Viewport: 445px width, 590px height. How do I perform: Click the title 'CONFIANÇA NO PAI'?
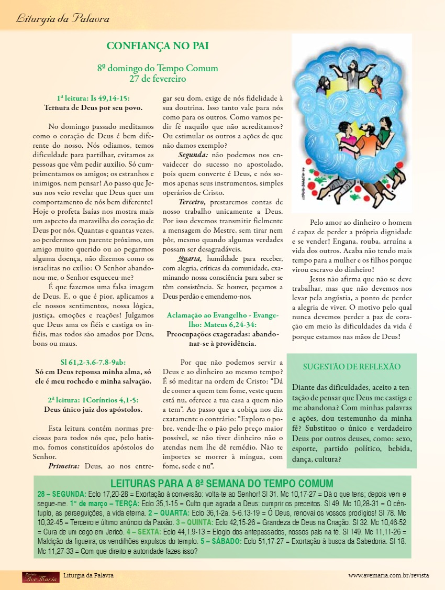pyautogui.click(x=158, y=46)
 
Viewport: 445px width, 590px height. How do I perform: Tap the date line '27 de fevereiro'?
pyautogui.click(x=158, y=79)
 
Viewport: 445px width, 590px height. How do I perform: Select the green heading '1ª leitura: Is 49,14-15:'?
pyautogui.click(x=93, y=98)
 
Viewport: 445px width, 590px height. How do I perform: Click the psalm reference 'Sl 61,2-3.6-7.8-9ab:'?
pyautogui.click(x=93, y=362)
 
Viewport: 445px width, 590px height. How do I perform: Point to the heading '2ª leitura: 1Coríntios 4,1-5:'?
pyautogui.click(x=93, y=399)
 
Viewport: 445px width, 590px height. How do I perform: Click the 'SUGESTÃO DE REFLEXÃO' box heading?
pyautogui.click(x=352, y=367)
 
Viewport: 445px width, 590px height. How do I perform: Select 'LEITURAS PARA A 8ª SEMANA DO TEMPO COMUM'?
pyautogui.click(x=222, y=483)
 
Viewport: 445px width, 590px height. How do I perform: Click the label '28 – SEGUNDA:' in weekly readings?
pyautogui.click(x=62, y=494)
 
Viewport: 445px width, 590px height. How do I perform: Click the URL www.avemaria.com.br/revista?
pyautogui.click(x=388, y=575)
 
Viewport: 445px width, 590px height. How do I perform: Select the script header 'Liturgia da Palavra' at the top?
pyautogui.click(x=63, y=19)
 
